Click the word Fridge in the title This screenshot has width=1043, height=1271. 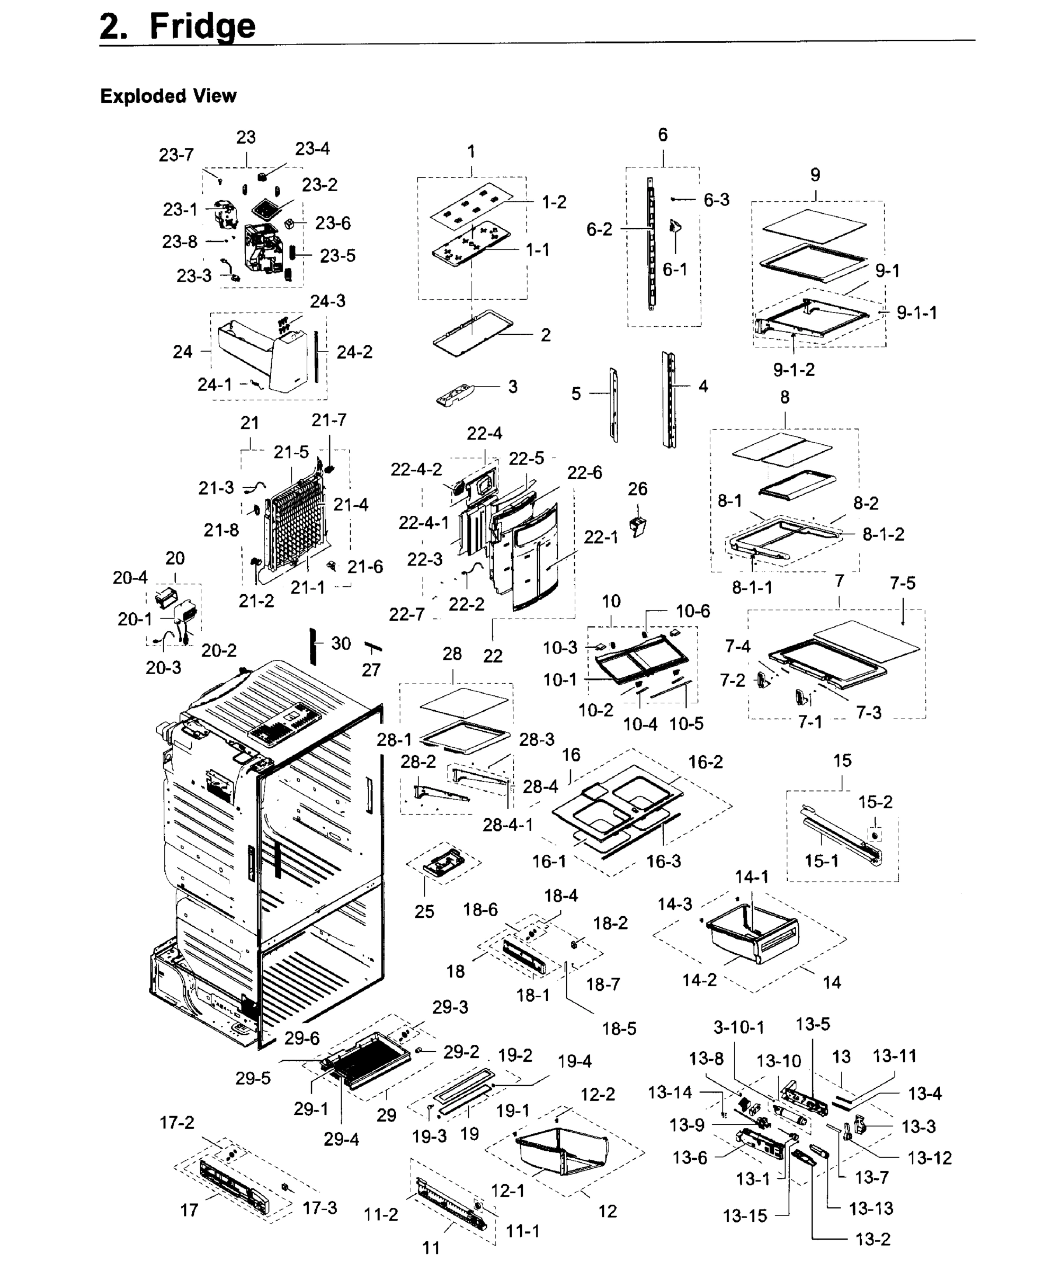click(202, 26)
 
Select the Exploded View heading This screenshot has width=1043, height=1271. click(168, 96)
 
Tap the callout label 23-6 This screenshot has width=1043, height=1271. click(333, 223)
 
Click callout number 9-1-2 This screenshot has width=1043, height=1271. click(794, 370)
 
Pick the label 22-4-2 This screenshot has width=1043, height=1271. click(416, 469)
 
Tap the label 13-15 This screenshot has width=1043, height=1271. click(745, 1216)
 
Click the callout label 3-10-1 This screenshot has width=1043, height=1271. click(739, 1028)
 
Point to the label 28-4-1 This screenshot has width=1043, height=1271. click(507, 825)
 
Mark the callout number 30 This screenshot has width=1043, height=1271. click(341, 643)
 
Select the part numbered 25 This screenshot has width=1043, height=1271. click(443, 863)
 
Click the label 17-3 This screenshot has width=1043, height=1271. click(319, 1207)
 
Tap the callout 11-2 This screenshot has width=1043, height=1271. click(381, 1214)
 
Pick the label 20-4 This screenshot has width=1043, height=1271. click(130, 578)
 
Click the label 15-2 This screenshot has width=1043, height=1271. click(875, 802)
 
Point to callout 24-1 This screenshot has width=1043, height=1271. click(215, 384)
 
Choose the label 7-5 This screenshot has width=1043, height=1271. click(903, 583)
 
